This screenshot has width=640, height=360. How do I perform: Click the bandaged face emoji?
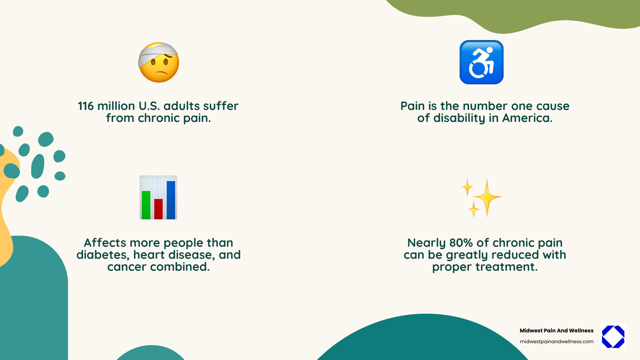click(x=158, y=63)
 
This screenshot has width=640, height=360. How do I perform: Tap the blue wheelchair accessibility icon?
click(x=481, y=62)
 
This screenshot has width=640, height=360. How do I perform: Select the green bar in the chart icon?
click(x=146, y=205)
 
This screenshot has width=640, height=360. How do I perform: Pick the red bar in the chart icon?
click(x=158, y=209)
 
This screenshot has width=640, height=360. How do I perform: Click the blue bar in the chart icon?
click(x=171, y=200)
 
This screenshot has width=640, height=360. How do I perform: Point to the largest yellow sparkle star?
click(x=487, y=197)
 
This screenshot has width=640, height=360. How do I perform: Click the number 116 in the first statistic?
click(x=85, y=106)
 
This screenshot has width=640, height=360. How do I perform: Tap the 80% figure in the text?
click(x=461, y=243)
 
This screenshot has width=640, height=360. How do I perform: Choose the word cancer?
click(x=127, y=267)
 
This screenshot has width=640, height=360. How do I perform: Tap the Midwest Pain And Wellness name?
click(x=556, y=330)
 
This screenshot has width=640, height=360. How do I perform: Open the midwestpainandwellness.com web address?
click(x=556, y=342)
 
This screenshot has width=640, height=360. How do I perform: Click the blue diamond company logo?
click(x=613, y=336)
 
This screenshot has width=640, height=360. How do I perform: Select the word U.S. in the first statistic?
click(x=149, y=106)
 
